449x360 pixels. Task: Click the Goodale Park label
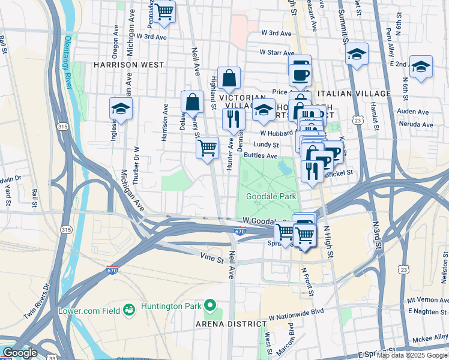pos(271,196)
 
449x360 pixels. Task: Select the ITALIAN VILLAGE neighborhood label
pos(354,94)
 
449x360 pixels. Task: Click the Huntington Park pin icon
pos(209,307)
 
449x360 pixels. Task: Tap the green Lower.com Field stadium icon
pos(128,310)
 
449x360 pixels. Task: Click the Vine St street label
pos(212,256)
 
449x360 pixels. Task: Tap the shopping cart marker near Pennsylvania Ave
pos(164,11)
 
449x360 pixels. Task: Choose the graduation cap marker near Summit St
pos(357,55)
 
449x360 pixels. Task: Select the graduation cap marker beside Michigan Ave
pos(121,109)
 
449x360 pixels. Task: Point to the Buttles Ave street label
pos(261,155)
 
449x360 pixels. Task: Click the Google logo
pos(20,353)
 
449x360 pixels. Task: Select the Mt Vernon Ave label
pos(427,299)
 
